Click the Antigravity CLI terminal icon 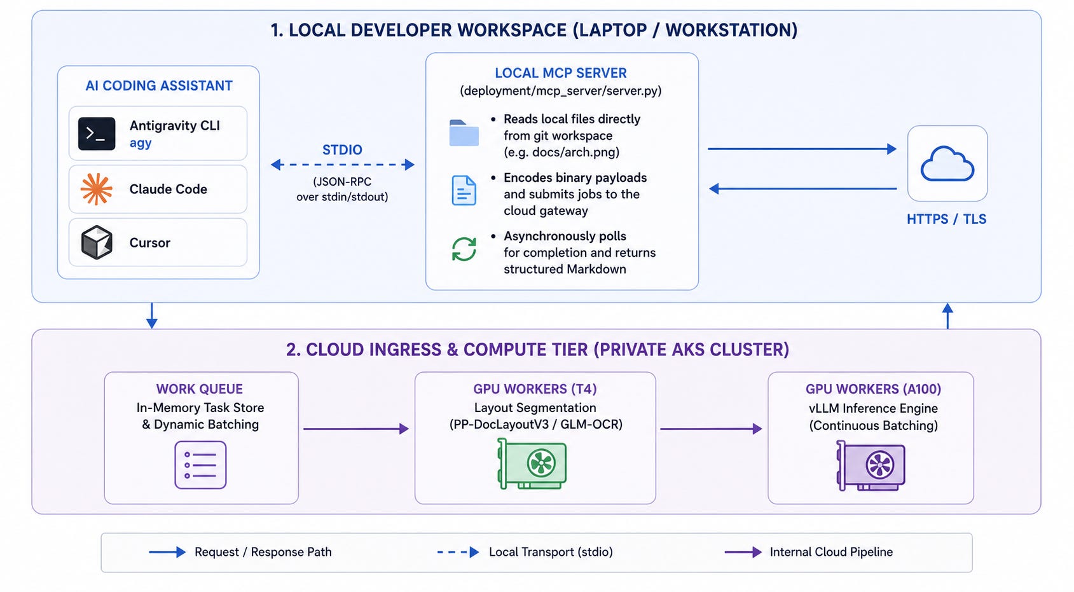coord(97,134)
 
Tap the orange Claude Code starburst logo coord(97,189)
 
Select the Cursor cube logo coord(97,242)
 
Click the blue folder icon coord(464,132)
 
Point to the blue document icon coord(464,190)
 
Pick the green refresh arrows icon coord(464,249)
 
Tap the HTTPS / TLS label coord(946,219)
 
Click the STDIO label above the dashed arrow coord(342,150)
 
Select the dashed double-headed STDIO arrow coord(342,165)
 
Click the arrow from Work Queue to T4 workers coord(355,429)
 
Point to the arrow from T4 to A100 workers coord(711,429)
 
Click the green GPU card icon coord(532,464)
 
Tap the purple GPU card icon coord(871,465)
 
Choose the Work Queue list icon coord(200,465)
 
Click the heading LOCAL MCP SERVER coord(560,73)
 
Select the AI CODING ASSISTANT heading coord(159,86)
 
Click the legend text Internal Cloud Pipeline coord(831,552)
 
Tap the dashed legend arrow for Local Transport coord(458,552)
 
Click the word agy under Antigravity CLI coord(141,143)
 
